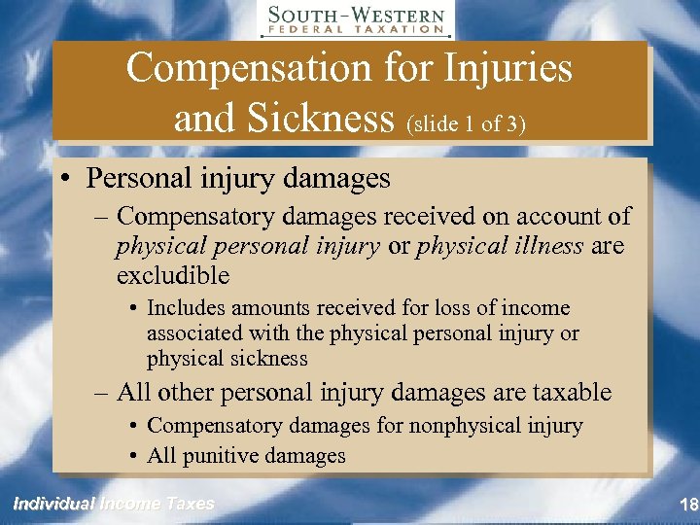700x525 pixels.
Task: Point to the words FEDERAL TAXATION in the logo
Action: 356,30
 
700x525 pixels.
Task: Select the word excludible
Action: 172,276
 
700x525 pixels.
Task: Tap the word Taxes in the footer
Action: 191,504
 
